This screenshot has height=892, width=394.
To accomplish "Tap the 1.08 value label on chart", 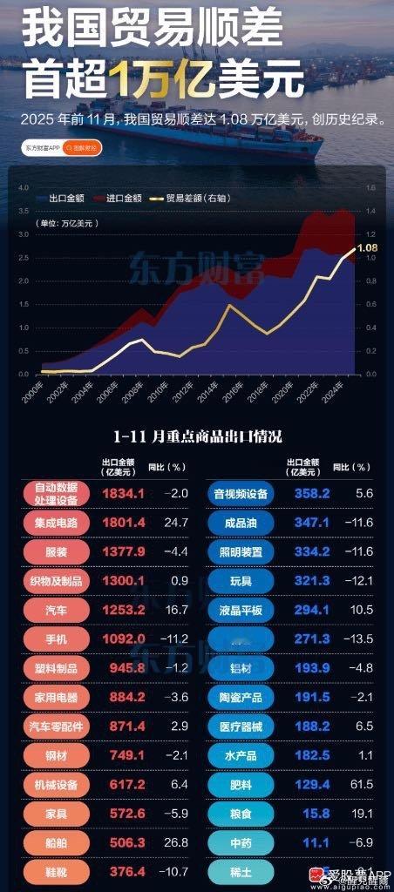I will [367, 248].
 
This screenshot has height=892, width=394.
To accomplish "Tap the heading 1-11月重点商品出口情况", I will [197, 435].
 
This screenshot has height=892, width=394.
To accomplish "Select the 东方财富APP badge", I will [44, 148].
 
